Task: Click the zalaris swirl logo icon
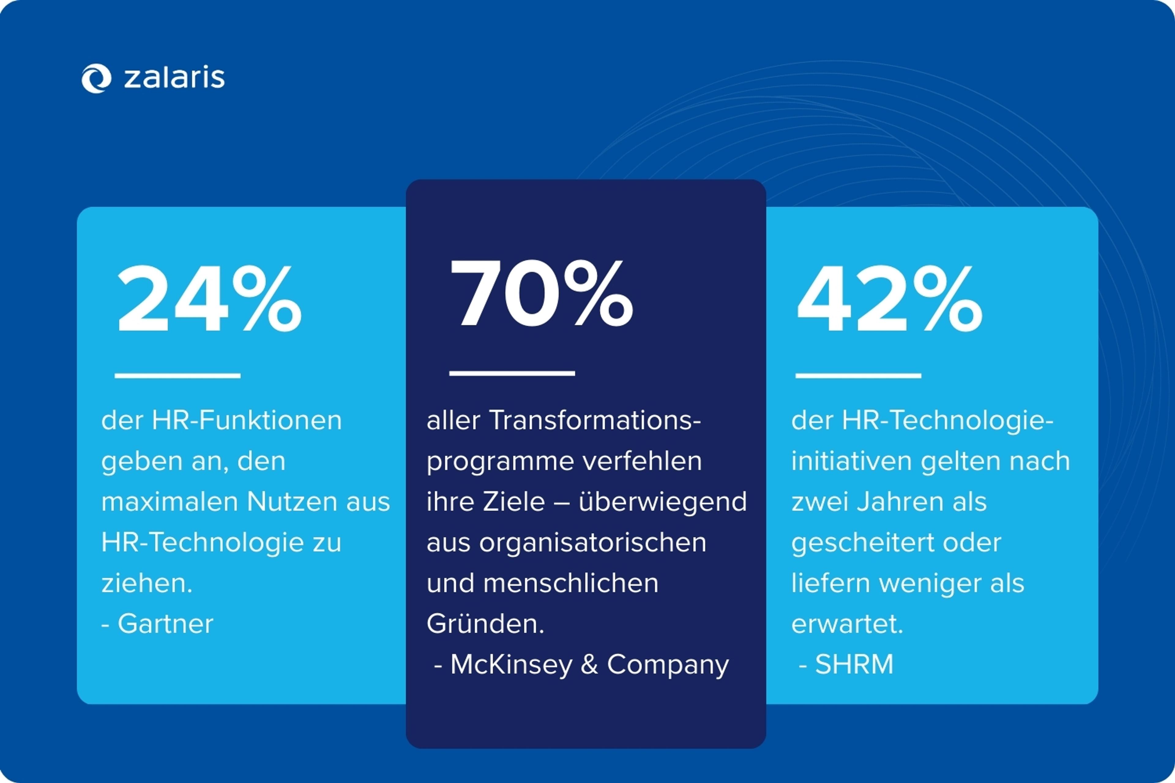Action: (x=96, y=78)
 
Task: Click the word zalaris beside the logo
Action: (x=174, y=78)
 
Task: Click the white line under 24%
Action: (x=177, y=376)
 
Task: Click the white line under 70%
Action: (x=512, y=373)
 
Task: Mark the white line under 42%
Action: (x=858, y=376)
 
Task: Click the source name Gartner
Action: (x=165, y=624)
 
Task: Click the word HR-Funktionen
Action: (x=247, y=421)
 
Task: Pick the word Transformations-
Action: (x=595, y=421)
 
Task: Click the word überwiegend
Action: (x=662, y=502)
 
